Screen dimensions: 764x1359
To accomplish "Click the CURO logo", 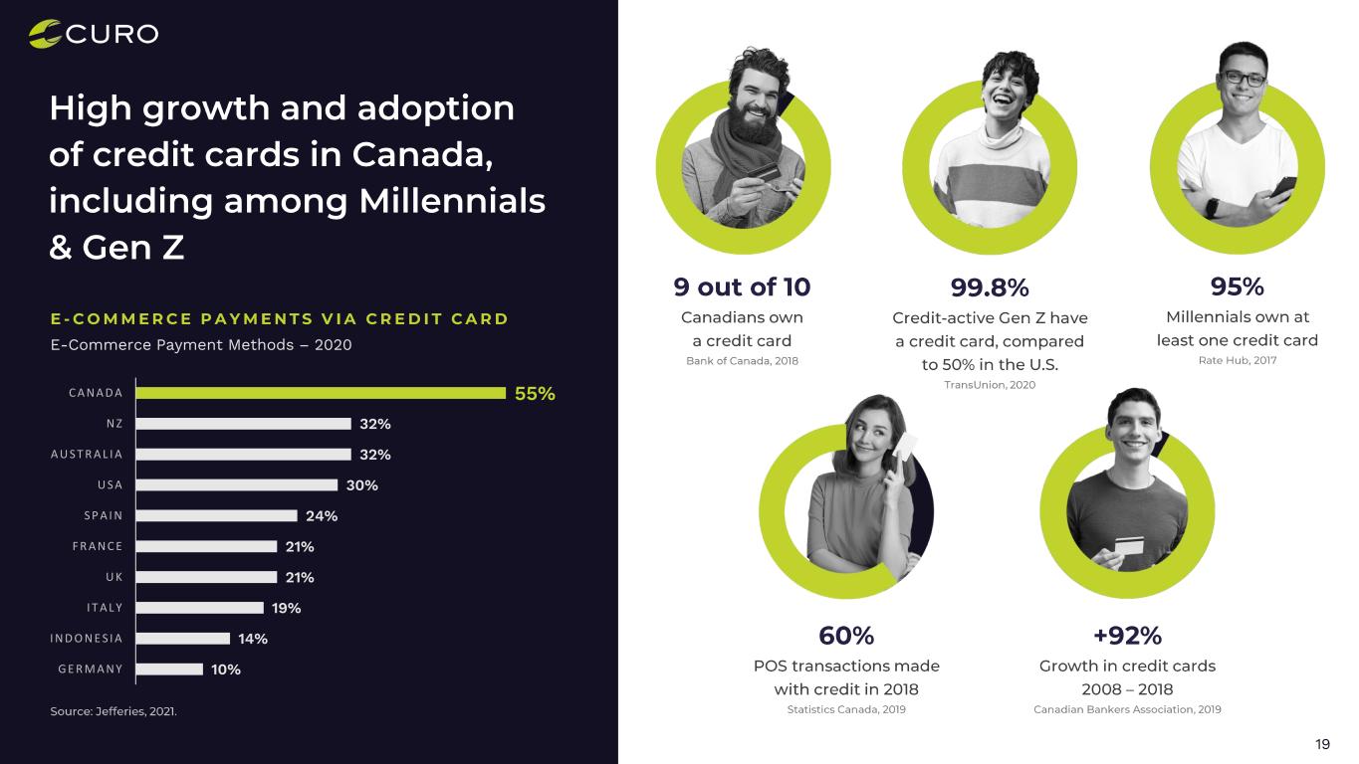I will [x=94, y=34].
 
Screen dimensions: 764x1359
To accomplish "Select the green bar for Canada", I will [x=321, y=393].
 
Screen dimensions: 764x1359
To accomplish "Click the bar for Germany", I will [x=169, y=669].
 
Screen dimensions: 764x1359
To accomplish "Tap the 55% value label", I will [x=535, y=394].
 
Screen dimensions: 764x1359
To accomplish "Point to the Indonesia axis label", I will [x=87, y=639].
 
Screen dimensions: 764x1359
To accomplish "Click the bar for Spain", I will [x=217, y=516].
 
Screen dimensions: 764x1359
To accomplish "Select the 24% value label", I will [x=322, y=516].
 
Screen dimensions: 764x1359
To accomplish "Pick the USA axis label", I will [x=110, y=485].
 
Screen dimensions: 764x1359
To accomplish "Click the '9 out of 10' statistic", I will [x=742, y=287].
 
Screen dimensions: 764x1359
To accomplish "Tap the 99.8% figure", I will [x=989, y=288].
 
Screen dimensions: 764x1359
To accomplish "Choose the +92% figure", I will [x=1127, y=636].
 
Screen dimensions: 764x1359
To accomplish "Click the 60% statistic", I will [x=846, y=636].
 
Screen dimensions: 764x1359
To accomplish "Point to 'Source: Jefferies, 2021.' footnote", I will [x=113, y=711].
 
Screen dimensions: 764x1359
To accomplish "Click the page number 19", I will [x=1322, y=744].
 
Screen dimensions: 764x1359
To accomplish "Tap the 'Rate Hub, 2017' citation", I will [x=1237, y=360].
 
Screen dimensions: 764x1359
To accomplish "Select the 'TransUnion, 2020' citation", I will [x=989, y=385].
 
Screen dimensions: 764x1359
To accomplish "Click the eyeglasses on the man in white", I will [x=1245, y=78].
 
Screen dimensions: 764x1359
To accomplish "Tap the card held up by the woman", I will [x=905, y=448].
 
